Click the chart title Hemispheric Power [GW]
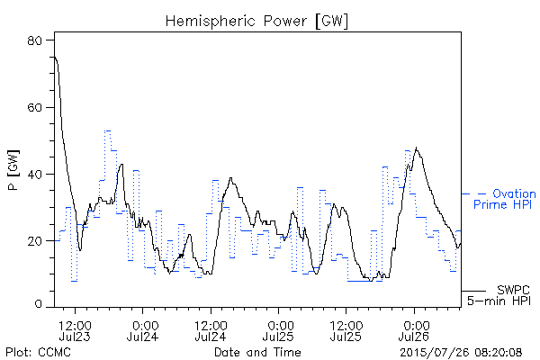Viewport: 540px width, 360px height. [256, 22]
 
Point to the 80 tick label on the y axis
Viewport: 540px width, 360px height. [34, 40]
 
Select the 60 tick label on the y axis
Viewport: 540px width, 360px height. [34, 107]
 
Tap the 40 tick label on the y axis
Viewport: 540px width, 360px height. [34, 175]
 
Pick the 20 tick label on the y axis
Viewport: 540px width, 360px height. [34, 241]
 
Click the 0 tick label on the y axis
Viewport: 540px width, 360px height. [38, 304]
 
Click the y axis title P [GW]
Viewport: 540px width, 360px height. [13, 170]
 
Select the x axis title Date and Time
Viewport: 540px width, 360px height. [257, 352]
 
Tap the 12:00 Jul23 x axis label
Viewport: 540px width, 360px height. [75, 330]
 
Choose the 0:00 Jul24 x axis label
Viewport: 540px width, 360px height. [142, 330]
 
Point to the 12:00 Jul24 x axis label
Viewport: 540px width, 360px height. [211, 330]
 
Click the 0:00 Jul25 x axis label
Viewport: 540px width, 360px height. [278, 330]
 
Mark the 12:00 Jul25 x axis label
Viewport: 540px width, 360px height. [346, 330]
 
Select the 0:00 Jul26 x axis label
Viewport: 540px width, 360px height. [414, 330]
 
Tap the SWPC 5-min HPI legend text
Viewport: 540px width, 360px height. [499, 295]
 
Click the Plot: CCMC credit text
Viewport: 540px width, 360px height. [38, 352]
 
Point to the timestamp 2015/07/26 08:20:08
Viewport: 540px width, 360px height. [461, 352]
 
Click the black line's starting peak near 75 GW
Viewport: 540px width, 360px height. [55, 58]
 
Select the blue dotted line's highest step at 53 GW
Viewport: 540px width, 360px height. [108, 130]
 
